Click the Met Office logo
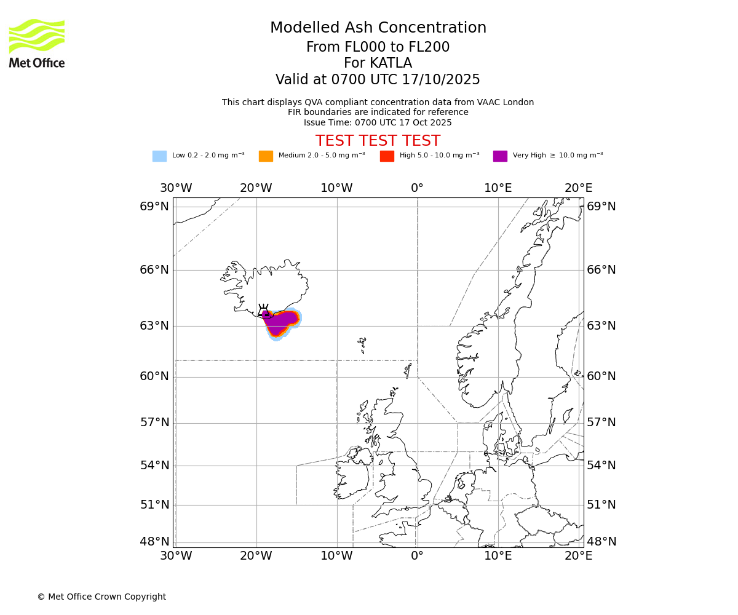[37, 43]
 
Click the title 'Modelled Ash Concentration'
[378, 28]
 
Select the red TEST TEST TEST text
[378, 141]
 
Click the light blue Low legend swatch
[159, 156]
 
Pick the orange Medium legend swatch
[266, 156]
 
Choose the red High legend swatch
[387, 156]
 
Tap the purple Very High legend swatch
[500, 156]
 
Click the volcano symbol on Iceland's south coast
[263, 311]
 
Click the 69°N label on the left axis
[154, 207]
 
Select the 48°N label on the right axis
[601, 542]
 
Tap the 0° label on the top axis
[417, 188]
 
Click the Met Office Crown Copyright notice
[101, 597]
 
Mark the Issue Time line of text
[378, 123]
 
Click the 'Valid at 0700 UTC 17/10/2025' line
[378, 80]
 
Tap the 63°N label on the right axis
[601, 326]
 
